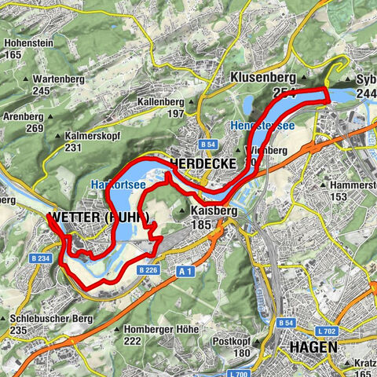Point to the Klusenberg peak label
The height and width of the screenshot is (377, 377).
(x=262, y=79)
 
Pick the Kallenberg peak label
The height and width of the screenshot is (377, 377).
(x=163, y=103)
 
